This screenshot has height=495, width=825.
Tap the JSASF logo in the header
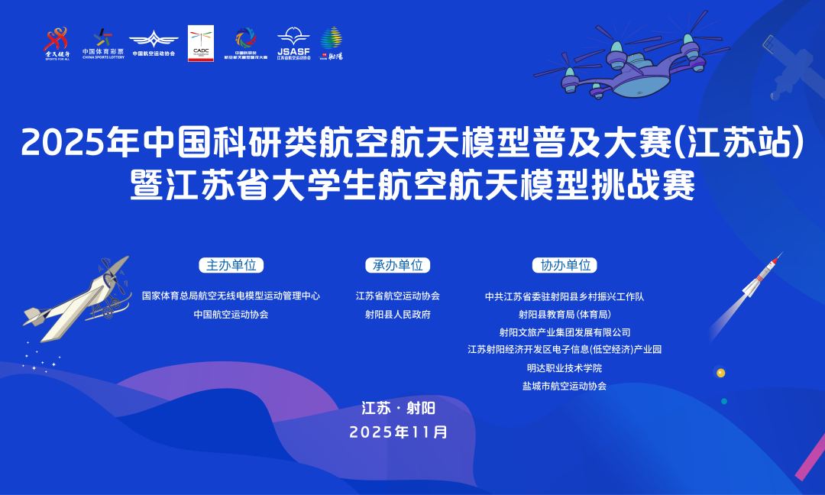pos(293,43)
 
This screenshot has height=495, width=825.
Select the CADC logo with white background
pos(201,43)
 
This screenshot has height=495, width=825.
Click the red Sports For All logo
pos(57,43)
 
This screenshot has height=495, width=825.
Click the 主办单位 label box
pos(231,265)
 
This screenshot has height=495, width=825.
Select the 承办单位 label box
pos(397,265)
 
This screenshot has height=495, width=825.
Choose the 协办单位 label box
pos(565,265)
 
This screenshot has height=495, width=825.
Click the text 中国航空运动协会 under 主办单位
pos(231,314)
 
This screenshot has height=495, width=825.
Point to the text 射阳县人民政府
pos(397,314)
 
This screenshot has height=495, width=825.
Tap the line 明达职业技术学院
pos(565,367)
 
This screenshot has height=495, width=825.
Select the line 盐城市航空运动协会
pos(565,386)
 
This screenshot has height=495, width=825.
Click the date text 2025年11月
pos(398,432)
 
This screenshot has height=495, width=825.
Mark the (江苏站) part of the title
pos(737,143)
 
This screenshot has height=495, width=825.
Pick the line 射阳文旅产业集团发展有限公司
pos(565,332)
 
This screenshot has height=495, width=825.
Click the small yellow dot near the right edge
pos(720,373)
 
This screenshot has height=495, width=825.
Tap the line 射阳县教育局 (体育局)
pos(565,314)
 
